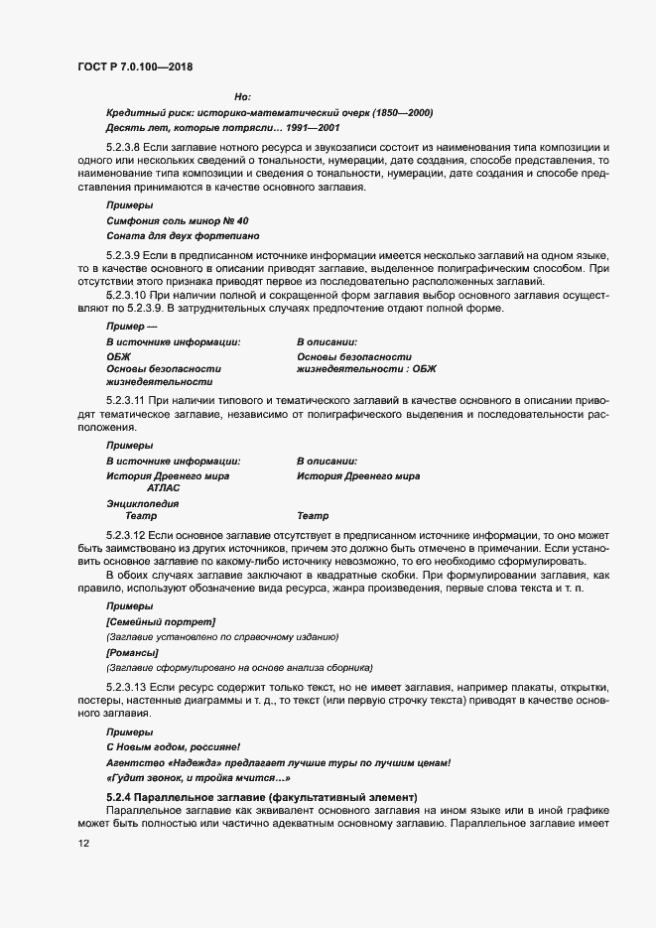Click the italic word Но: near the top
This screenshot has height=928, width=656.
(x=242, y=96)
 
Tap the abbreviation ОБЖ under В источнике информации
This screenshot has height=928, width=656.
(x=118, y=356)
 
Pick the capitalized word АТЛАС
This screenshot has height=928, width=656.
(x=163, y=488)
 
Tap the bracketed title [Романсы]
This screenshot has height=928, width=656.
(x=132, y=652)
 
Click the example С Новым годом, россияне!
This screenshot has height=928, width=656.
(x=173, y=745)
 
